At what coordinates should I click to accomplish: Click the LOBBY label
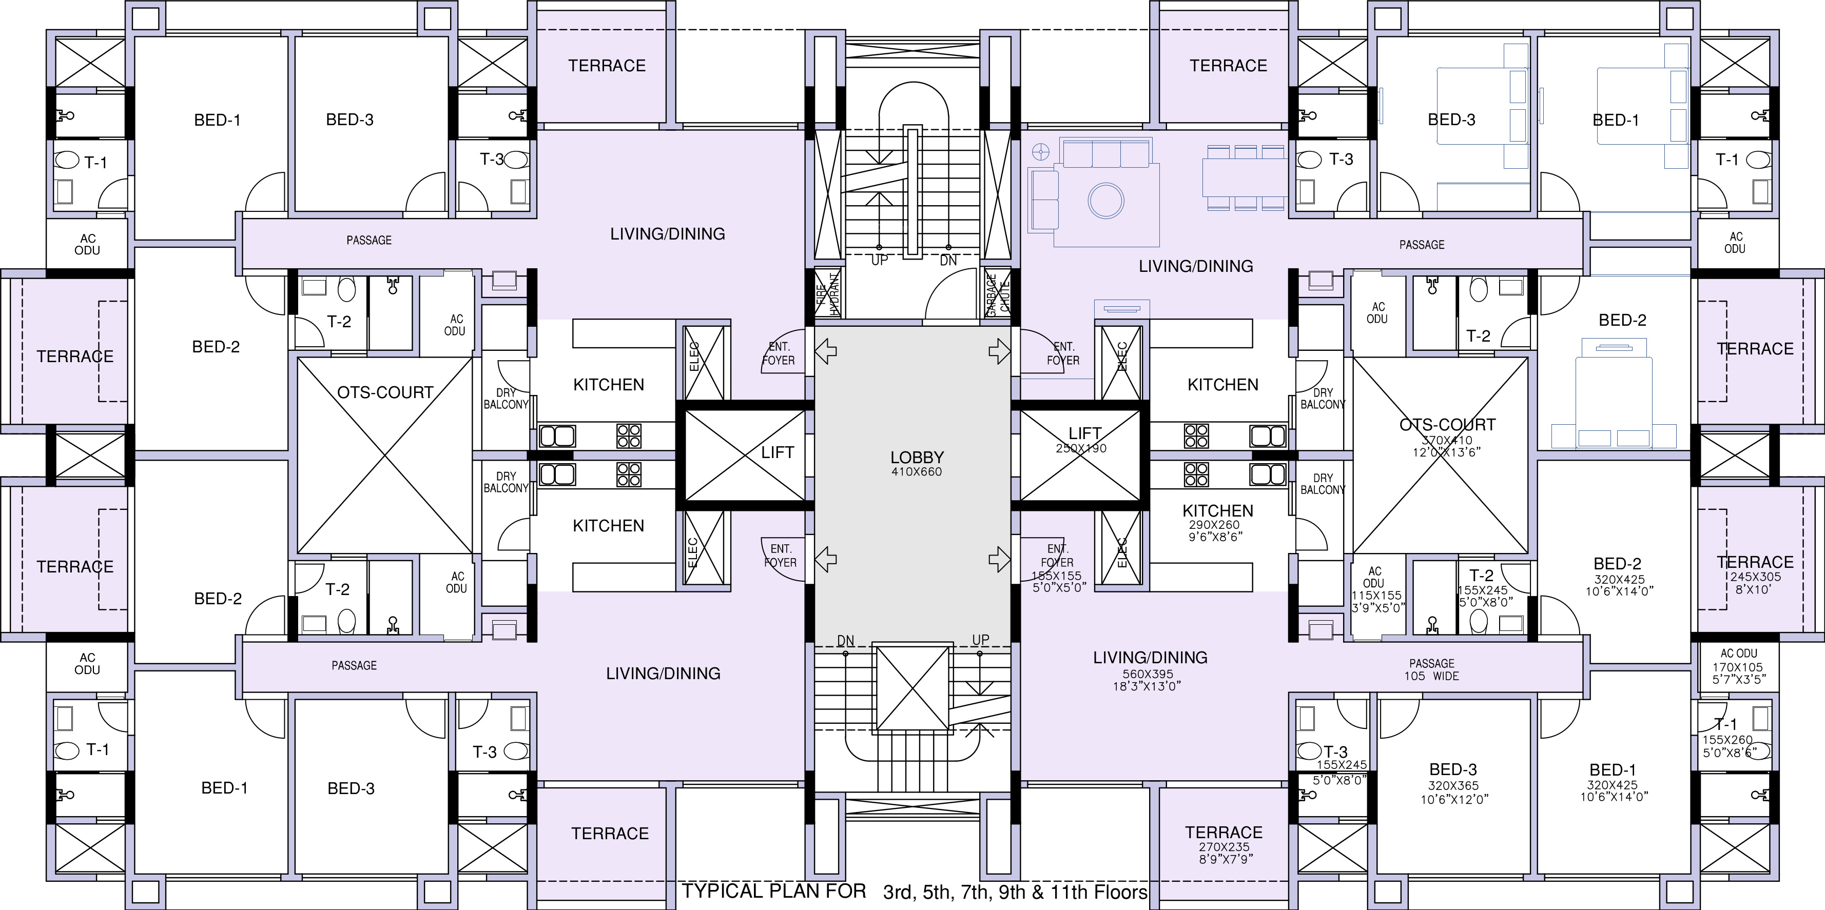tap(917, 458)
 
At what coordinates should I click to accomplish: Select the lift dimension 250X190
tap(1081, 448)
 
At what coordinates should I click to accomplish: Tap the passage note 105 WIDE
tap(1432, 676)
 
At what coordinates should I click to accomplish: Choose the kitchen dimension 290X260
tap(1214, 525)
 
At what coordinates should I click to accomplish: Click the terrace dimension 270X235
tap(1224, 847)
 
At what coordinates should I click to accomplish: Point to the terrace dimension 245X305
tap(1756, 577)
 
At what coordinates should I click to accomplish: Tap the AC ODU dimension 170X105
tap(1737, 667)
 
